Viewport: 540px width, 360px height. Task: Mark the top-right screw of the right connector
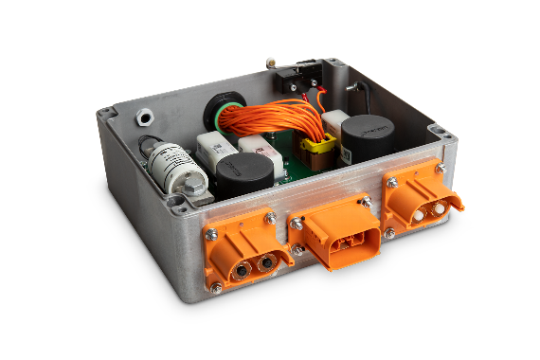pyautogui.click(x=440, y=168)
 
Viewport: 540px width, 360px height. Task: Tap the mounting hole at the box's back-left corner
pyautogui.click(x=107, y=113)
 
